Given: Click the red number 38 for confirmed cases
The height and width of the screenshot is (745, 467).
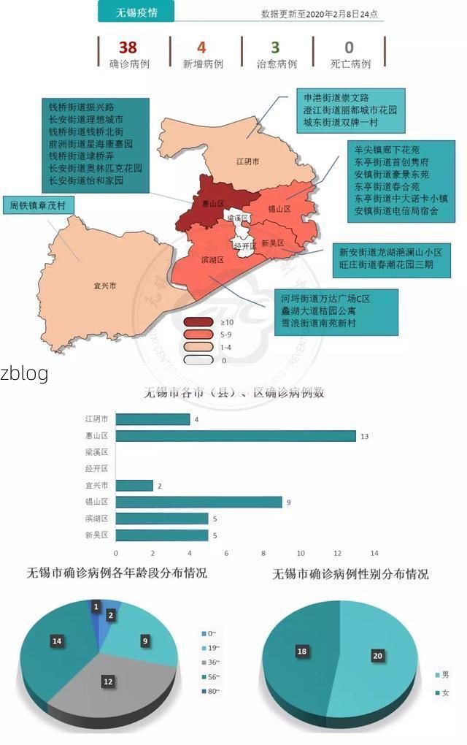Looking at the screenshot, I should (x=128, y=47).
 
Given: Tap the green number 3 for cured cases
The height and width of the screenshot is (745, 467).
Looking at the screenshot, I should (x=275, y=47).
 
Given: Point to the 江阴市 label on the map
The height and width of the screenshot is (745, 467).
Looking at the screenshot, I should (x=247, y=161).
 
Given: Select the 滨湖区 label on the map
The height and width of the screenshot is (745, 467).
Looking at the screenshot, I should (x=212, y=259).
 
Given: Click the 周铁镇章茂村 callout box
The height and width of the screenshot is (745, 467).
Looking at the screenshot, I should (x=38, y=206).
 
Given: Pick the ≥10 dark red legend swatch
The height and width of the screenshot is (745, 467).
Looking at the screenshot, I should (x=198, y=322).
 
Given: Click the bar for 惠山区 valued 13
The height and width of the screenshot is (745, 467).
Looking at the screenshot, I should (x=236, y=436).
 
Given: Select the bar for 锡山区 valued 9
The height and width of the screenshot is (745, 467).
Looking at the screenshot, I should (x=199, y=502).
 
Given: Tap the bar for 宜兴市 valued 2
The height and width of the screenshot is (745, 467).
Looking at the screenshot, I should (x=135, y=485).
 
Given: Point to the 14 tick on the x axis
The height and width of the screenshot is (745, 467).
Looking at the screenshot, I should (x=374, y=553).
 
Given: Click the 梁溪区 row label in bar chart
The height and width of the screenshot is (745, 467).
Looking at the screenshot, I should (x=96, y=452).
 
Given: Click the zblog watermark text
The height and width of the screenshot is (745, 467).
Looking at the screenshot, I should (x=24, y=374).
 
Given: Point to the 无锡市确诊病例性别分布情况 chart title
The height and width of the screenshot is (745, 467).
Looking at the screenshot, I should (x=350, y=574).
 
